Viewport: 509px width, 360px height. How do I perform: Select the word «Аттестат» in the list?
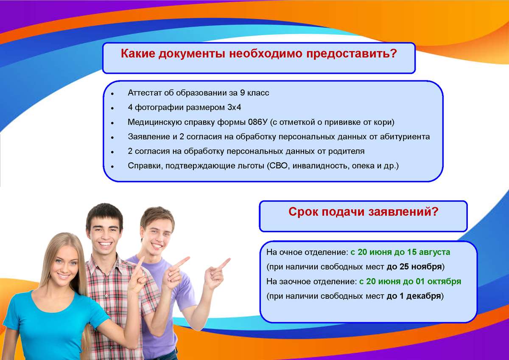[x=144, y=93]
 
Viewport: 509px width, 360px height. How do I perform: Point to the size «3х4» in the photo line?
[x=234, y=107]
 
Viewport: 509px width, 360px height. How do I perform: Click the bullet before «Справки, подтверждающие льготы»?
[x=112, y=167]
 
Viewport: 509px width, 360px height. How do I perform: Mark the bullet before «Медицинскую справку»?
[x=112, y=123]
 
